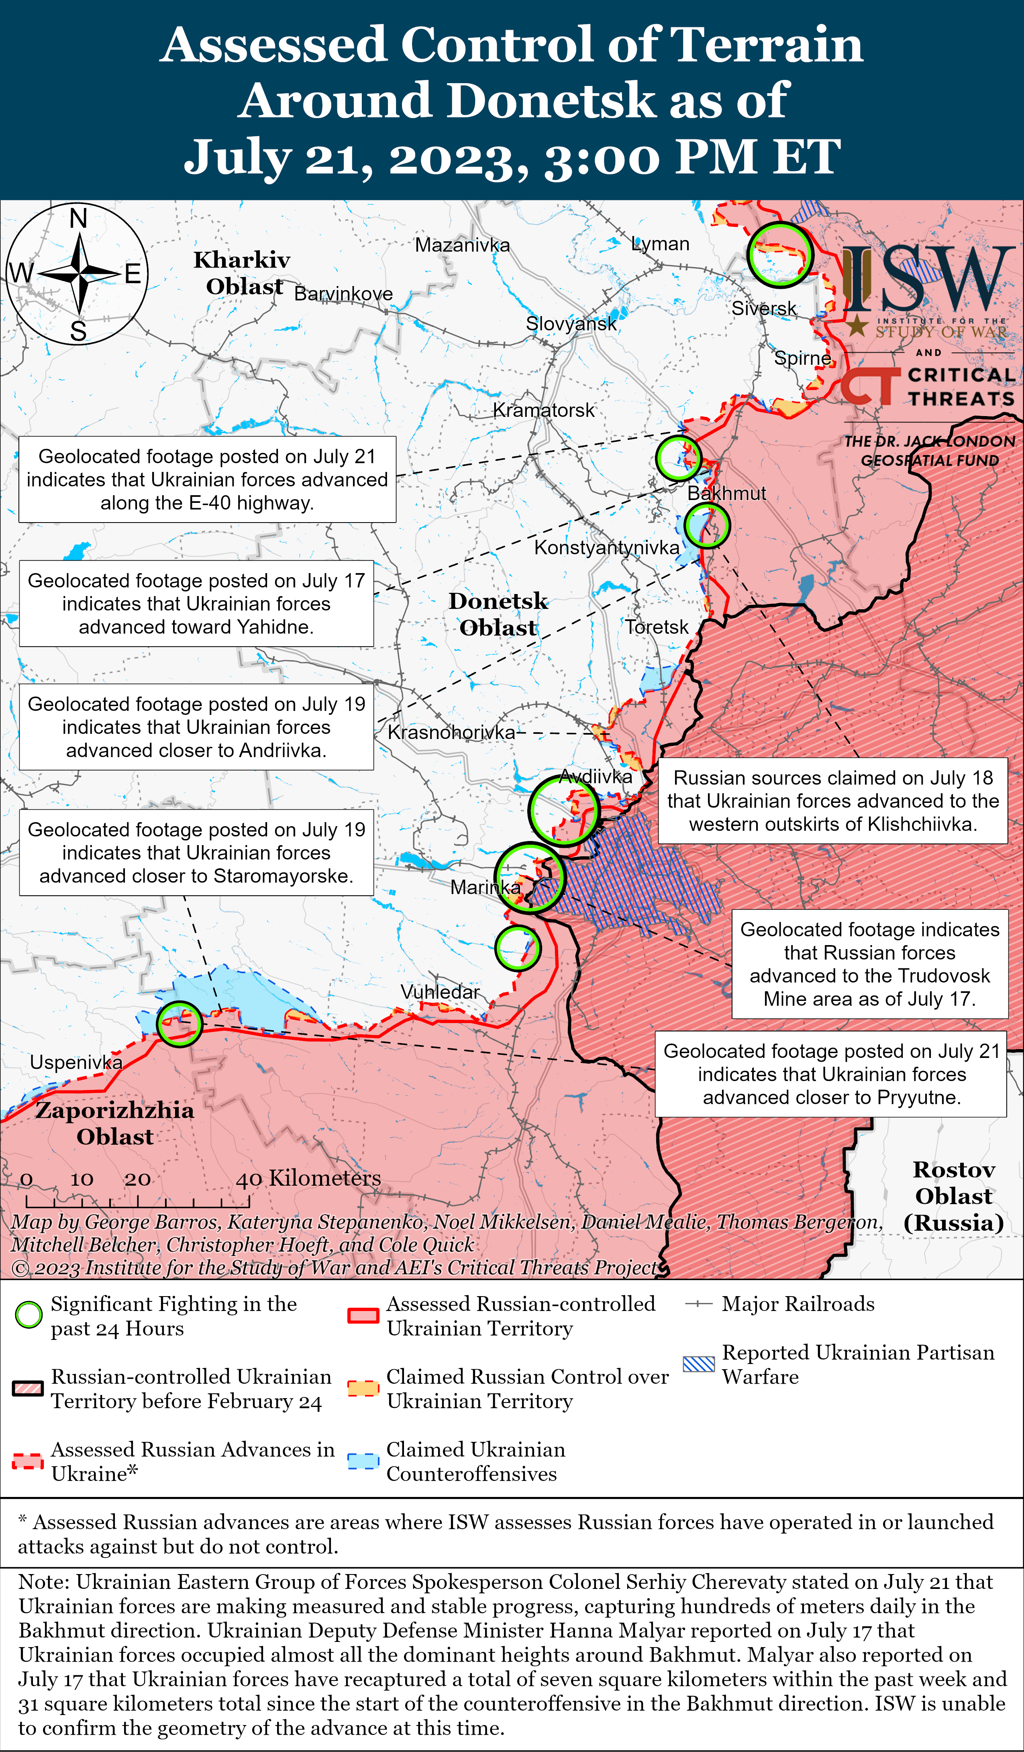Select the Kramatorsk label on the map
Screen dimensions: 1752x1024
pyautogui.click(x=544, y=410)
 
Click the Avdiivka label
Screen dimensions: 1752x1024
pyautogui.click(x=596, y=776)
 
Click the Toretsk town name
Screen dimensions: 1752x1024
pyautogui.click(x=656, y=627)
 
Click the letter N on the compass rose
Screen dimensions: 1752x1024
pyautogui.click(x=79, y=219)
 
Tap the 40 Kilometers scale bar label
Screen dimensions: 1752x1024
pyautogui.click(x=309, y=1178)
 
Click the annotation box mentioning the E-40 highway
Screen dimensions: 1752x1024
pyautogui.click(x=207, y=479)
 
